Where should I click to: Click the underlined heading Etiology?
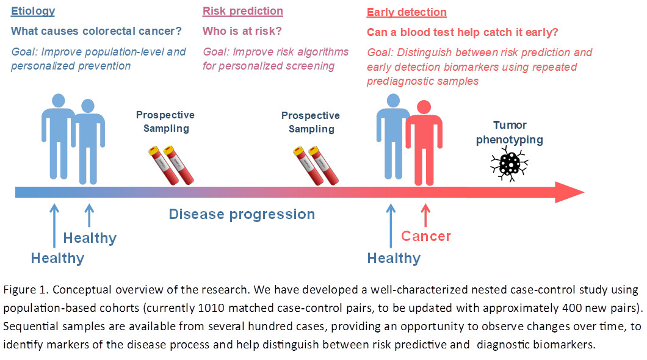click(x=33, y=11)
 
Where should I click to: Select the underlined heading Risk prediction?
click(x=242, y=11)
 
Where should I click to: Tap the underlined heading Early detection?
click(x=407, y=12)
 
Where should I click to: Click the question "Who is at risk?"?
click(x=242, y=31)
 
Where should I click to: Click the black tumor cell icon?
click(x=509, y=164)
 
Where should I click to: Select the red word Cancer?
click(x=426, y=236)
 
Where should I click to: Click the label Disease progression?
click(x=242, y=214)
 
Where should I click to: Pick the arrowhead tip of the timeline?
click(x=583, y=192)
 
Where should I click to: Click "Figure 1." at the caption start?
click(x=23, y=290)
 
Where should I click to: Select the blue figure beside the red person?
click(x=392, y=137)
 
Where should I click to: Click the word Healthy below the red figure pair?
click(x=394, y=258)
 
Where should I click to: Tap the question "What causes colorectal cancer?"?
click(x=96, y=31)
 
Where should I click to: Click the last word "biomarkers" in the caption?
click(x=567, y=344)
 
